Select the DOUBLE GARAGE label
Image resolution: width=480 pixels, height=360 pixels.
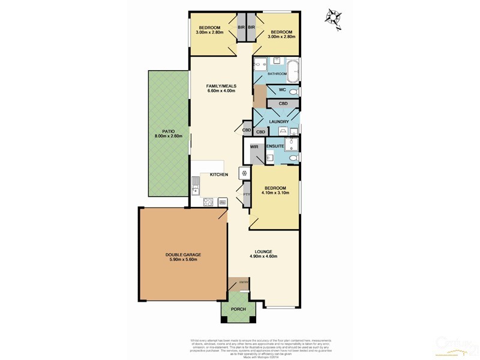coord(184,254)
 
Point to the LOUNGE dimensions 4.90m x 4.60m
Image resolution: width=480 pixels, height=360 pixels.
coord(263,257)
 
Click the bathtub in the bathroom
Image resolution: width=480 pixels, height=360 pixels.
coord(293,70)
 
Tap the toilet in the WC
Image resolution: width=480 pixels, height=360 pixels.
coord(292,92)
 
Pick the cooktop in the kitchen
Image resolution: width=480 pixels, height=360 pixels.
coord(208,202)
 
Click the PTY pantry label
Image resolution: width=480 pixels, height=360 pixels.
coord(246,194)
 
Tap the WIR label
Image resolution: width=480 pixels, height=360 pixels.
coord(254,146)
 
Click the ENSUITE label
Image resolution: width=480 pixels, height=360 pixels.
coord(275,146)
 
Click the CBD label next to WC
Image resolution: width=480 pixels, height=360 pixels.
coord(283,104)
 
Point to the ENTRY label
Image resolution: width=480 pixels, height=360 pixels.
coord(244,282)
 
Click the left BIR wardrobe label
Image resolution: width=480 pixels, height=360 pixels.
coord(241,28)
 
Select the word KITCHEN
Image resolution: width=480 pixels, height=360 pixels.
coord(219,174)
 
